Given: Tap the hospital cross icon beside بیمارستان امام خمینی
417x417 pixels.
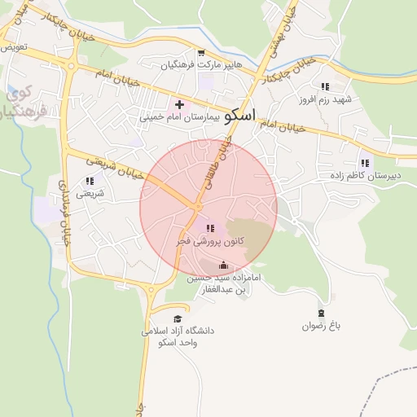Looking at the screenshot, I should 179,105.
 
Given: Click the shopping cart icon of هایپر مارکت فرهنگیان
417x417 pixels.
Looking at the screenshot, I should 200,53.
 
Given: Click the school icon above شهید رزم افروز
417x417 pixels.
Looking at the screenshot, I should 325,86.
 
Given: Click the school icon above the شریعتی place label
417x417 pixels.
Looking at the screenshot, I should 90,182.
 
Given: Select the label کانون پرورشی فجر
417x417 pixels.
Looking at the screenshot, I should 208,242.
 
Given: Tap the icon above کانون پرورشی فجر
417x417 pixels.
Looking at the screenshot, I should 210,229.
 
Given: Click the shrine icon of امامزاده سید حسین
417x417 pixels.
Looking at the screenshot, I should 223,266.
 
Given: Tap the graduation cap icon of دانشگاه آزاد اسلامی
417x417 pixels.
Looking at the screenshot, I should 178,318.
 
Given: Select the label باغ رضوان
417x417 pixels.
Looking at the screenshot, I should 320,326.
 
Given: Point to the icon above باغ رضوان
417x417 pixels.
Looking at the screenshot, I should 320,313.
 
